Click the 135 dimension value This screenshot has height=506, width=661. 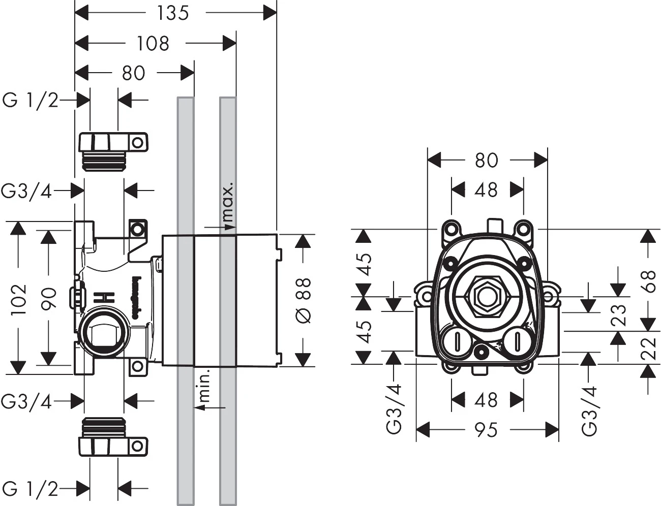tap(173, 13)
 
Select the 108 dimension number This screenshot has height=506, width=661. tap(153, 43)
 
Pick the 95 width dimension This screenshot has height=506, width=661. tap(486, 430)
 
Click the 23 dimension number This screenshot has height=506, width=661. tap(618, 315)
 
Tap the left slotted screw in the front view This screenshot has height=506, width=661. tap(456, 341)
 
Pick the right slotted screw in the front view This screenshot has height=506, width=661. tap(517, 341)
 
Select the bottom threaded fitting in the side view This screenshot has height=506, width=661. tap(109, 436)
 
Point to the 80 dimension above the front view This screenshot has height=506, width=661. tap(486, 160)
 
